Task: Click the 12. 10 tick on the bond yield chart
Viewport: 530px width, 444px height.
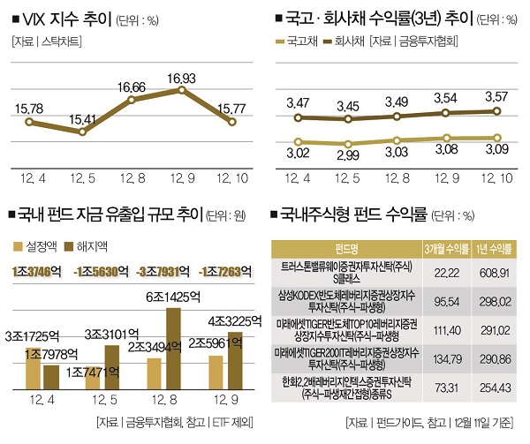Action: [493, 179]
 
